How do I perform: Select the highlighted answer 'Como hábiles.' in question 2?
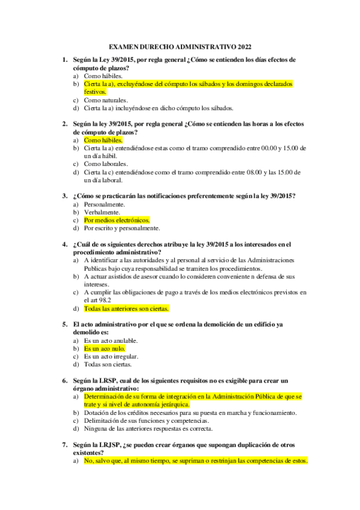click(103, 140)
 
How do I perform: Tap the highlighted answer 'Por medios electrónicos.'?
click(117, 220)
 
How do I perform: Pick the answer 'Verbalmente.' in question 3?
click(102, 212)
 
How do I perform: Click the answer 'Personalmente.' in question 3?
click(105, 204)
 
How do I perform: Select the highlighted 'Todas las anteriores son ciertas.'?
click(126, 309)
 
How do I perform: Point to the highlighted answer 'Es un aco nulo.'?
click(105, 348)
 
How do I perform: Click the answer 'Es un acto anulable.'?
click(111, 340)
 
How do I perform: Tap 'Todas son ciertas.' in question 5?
click(108, 364)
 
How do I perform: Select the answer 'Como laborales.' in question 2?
click(106, 164)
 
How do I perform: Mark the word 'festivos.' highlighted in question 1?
click(96, 92)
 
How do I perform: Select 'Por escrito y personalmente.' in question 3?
click(122, 228)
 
